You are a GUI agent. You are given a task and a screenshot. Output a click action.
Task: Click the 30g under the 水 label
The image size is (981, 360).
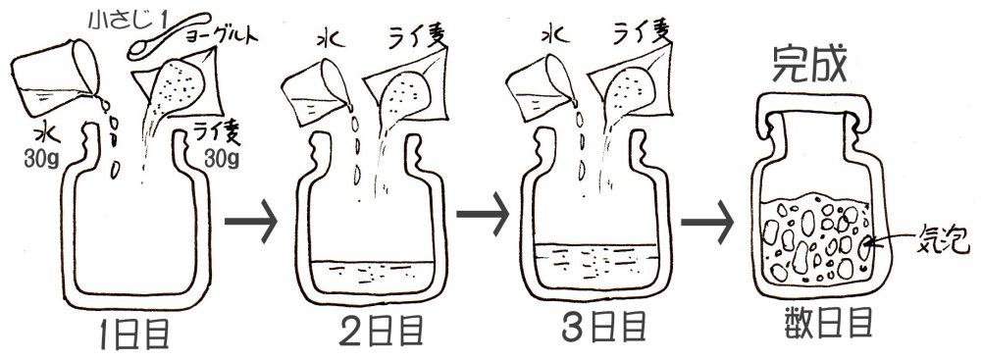pos(41,161)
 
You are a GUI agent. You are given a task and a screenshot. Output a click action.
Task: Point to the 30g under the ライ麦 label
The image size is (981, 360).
pos(222,159)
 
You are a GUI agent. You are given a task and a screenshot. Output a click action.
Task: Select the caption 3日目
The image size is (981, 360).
pos(602,329)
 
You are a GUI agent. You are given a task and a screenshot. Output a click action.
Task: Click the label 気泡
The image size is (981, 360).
pos(944,239)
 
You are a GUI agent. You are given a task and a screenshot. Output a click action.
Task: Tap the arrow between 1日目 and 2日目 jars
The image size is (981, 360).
pos(250,222)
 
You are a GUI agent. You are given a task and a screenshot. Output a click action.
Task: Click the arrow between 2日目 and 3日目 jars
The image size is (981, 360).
pos(483,215)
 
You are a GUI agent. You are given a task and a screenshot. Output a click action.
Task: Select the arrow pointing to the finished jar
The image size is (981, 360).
pos(707,223)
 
